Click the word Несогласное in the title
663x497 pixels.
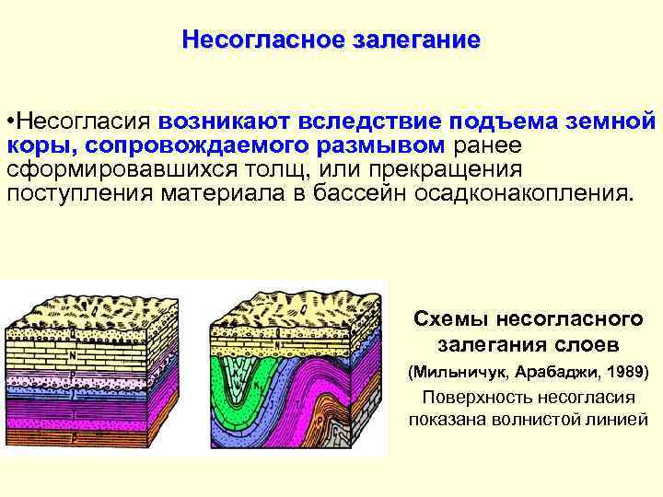[x=262, y=40]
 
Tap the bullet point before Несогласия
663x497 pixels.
[x=10, y=122]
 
